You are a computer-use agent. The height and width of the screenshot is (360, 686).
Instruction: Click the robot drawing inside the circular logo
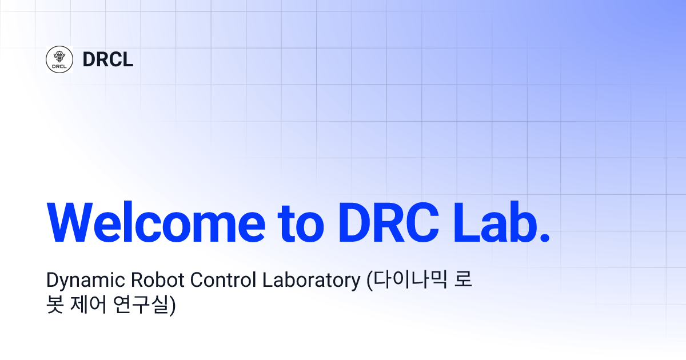(59, 56)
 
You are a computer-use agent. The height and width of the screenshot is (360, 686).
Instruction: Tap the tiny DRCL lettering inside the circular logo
(59, 66)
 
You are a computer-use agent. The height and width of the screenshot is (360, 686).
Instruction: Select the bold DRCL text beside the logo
(107, 59)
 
